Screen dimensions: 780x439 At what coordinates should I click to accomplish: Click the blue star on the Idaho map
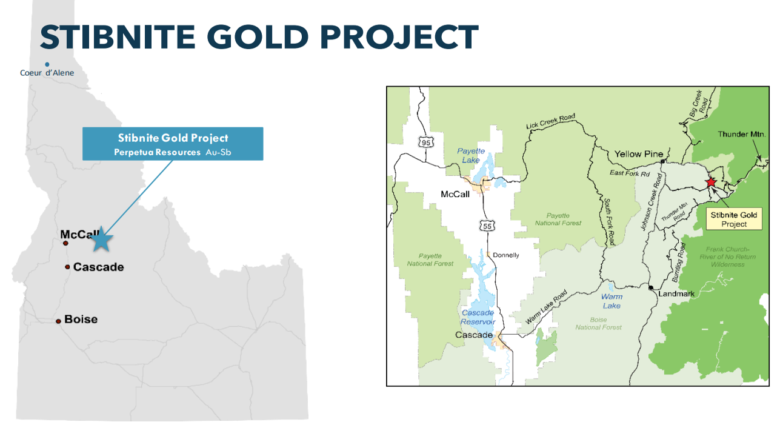tap(101, 240)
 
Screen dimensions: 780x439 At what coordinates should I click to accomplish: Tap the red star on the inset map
tap(711, 183)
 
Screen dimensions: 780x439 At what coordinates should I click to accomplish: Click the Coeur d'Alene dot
tap(47, 64)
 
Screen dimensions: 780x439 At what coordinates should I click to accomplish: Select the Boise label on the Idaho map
tap(81, 319)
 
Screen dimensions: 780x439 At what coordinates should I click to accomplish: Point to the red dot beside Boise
tap(59, 321)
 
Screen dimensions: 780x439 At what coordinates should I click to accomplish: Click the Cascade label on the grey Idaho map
tap(99, 267)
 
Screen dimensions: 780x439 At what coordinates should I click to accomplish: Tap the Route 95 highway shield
tap(426, 142)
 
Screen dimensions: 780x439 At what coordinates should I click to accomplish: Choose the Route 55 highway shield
tap(487, 226)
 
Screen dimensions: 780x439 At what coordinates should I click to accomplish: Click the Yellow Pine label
tap(639, 154)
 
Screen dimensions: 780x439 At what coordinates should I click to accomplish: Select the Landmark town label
tap(676, 293)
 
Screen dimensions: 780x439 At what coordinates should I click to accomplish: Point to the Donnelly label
tap(505, 255)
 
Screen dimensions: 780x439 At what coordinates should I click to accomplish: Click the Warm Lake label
tap(612, 301)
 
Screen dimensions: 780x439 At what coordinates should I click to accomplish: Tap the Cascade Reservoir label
tap(478, 317)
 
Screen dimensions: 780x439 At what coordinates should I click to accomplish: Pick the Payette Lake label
tap(471, 155)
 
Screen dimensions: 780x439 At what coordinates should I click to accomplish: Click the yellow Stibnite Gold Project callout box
tap(734, 219)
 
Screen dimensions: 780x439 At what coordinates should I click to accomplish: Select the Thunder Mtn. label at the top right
tap(742, 134)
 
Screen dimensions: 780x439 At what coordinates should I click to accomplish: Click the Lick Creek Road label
tap(550, 121)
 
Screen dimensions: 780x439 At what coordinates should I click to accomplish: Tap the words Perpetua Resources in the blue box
tap(157, 152)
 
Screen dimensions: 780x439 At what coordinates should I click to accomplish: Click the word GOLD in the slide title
tap(258, 37)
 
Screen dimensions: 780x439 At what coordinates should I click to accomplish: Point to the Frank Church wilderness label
tap(728, 256)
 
